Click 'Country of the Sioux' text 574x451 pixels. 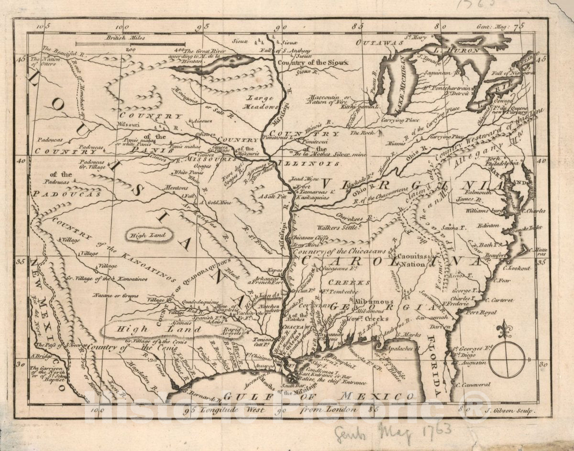click(314, 62)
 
